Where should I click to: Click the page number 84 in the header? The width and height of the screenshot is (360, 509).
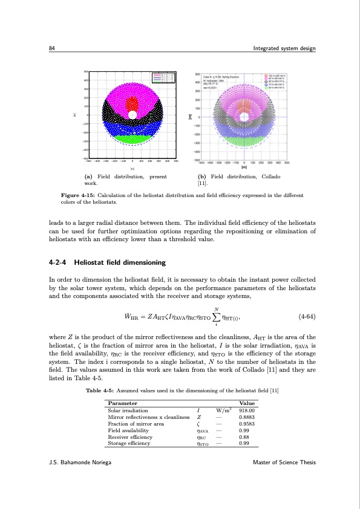tap(51, 49)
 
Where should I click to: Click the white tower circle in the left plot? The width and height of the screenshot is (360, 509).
tap(132, 114)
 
